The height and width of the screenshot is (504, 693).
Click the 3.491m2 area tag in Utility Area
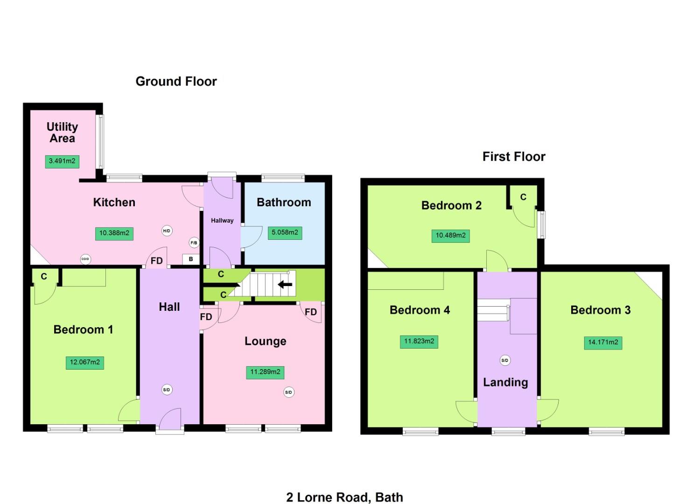tap(62, 161)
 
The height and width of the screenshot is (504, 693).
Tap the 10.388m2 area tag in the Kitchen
tap(114, 233)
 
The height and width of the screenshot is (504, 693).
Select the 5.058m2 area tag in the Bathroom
tap(285, 232)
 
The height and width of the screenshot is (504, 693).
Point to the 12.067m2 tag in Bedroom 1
tap(84, 362)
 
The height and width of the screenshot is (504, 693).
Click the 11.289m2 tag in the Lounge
tap(265, 372)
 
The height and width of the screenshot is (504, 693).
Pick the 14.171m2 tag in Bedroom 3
tap(603, 343)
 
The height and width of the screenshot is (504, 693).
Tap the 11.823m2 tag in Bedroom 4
tap(419, 341)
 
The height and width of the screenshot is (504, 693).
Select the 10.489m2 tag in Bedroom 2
tap(450, 236)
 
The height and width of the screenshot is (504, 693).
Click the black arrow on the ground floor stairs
tap(285, 284)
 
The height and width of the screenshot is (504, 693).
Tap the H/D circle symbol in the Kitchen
tap(167, 231)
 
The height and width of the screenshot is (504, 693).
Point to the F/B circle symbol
tap(194, 243)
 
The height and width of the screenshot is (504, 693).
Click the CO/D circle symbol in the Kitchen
tap(85, 259)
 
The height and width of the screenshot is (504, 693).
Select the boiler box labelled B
tap(191, 259)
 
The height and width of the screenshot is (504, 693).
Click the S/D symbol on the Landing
tap(504, 360)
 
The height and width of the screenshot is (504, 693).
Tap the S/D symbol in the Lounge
tap(288, 392)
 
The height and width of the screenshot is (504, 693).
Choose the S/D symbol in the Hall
tap(167, 390)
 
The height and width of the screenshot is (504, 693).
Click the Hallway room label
tap(222, 220)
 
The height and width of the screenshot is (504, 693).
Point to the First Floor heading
tap(514, 156)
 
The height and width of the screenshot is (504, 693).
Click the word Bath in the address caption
tap(389, 497)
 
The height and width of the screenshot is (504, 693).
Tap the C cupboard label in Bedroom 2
tap(523, 197)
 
